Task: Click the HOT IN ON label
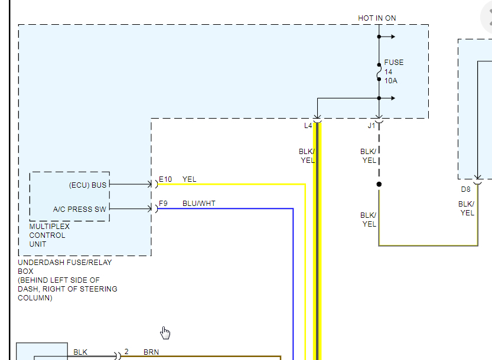[x=377, y=18]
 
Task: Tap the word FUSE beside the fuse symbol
[x=394, y=62]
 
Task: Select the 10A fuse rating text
[x=390, y=81]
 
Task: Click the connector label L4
[x=308, y=125]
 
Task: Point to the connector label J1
[x=372, y=125]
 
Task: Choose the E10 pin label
[x=165, y=179]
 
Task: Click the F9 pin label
[x=163, y=204]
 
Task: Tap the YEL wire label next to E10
[x=190, y=179]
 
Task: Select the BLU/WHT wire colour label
[x=199, y=204]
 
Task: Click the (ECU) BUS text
[x=88, y=185]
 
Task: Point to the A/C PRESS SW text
[x=80, y=209]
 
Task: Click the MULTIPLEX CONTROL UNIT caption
[x=50, y=235]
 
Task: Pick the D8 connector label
[x=466, y=189]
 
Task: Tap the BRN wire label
[x=151, y=352]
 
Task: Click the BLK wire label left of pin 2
[x=80, y=352]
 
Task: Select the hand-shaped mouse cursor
[x=165, y=333]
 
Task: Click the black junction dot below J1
[x=379, y=184]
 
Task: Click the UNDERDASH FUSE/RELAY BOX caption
[x=65, y=267]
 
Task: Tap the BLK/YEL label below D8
[x=467, y=208]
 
